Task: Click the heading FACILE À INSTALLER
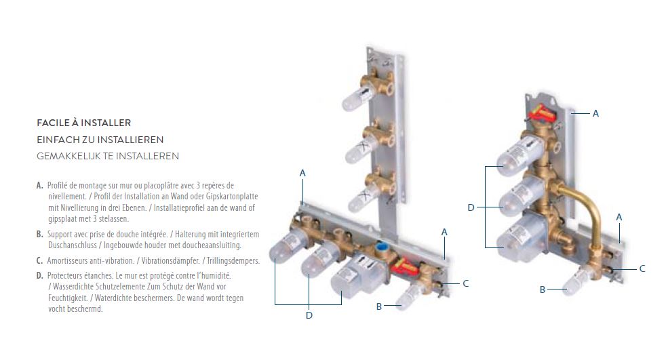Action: click(x=83, y=123)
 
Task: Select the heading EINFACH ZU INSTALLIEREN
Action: click(x=100, y=140)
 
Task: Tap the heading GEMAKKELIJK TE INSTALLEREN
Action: click(x=108, y=156)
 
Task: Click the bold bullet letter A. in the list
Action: click(x=40, y=186)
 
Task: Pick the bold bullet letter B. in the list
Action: click(x=40, y=235)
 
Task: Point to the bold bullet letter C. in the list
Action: click(x=40, y=260)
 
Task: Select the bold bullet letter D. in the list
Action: click(x=40, y=276)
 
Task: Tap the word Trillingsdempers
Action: click(x=233, y=260)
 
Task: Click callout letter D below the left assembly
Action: click(x=309, y=315)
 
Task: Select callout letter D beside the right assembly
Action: click(x=471, y=207)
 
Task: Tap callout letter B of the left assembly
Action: click(x=379, y=306)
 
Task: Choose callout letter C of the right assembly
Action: click(x=642, y=268)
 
